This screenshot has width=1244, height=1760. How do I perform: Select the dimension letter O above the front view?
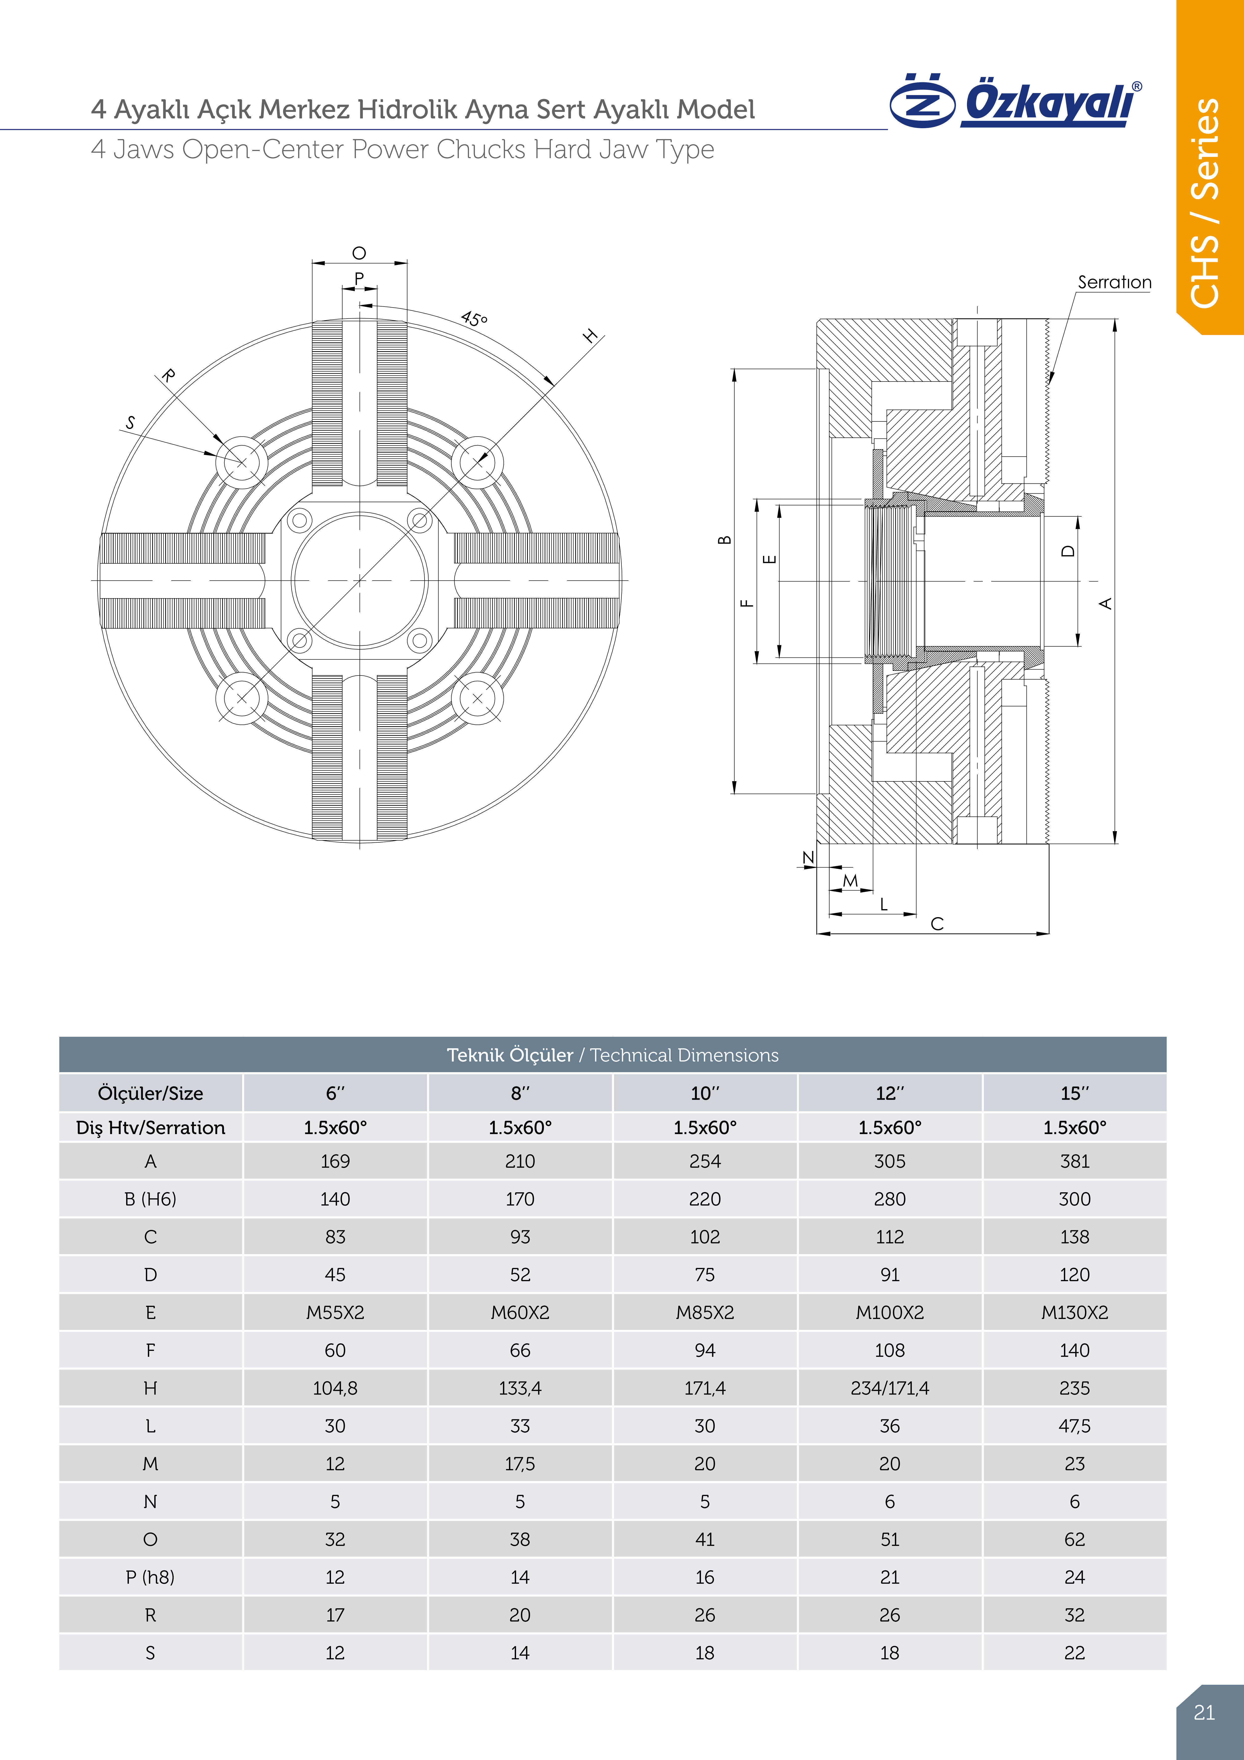(x=359, y=253)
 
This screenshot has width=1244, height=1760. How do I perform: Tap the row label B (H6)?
(x=150, y=1199)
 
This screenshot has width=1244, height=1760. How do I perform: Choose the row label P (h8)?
(x=150, y=1577)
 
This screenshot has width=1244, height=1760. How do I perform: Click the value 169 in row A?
(x=335, y=1161)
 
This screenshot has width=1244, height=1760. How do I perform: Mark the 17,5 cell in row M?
(x=520, y=1463)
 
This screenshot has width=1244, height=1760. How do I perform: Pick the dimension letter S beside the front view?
(x=130, y=422)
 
